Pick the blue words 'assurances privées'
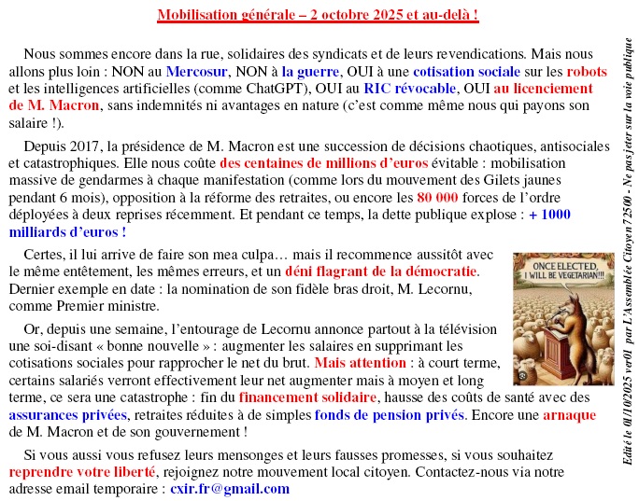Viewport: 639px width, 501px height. tap(66, 414)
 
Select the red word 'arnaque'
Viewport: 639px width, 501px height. tap(570, 414)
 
